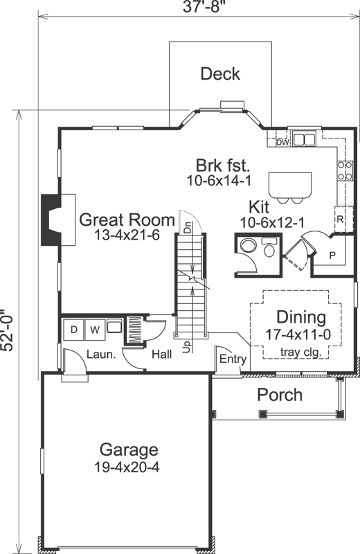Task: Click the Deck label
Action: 220,74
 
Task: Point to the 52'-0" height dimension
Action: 9,330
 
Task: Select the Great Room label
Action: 127,220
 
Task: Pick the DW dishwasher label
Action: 282,143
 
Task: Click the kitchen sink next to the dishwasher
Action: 303,140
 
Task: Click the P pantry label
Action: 332,255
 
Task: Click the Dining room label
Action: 301,318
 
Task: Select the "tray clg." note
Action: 300,352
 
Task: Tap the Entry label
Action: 233,359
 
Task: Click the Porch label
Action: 280,395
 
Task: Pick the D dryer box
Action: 73,330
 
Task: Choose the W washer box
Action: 93,330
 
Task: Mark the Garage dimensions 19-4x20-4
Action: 127,467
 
